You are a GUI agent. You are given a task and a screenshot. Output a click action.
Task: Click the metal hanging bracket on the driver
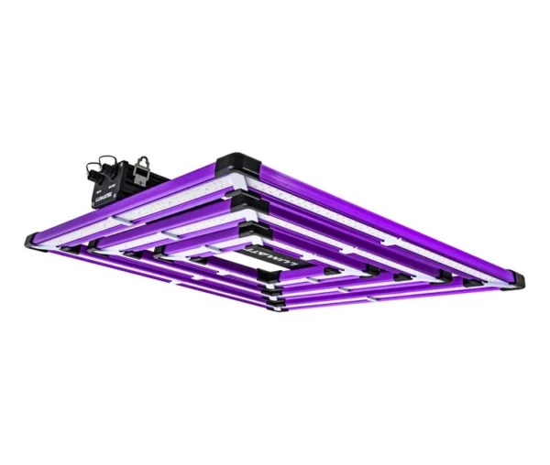pos(141,166)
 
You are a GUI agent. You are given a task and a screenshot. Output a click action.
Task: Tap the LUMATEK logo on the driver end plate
pos(104,194)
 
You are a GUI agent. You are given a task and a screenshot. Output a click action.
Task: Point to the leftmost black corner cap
pos(34,240)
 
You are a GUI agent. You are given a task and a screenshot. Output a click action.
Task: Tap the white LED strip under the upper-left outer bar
pos(137,220)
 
